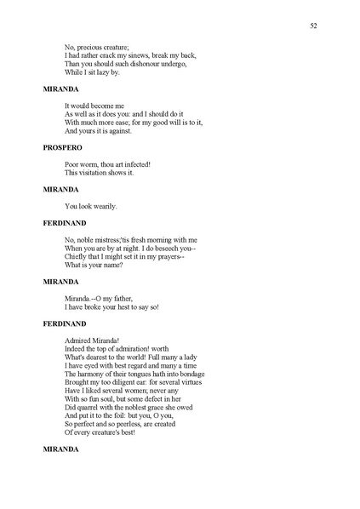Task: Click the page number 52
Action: pos(314,26)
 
